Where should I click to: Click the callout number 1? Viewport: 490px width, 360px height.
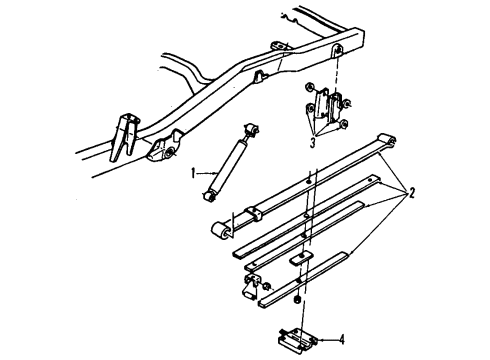point(193,172)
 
